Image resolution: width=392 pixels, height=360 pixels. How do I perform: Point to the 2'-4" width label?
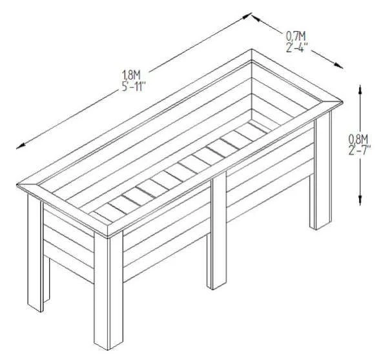298,46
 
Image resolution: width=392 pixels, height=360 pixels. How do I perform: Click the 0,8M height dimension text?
358,139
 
